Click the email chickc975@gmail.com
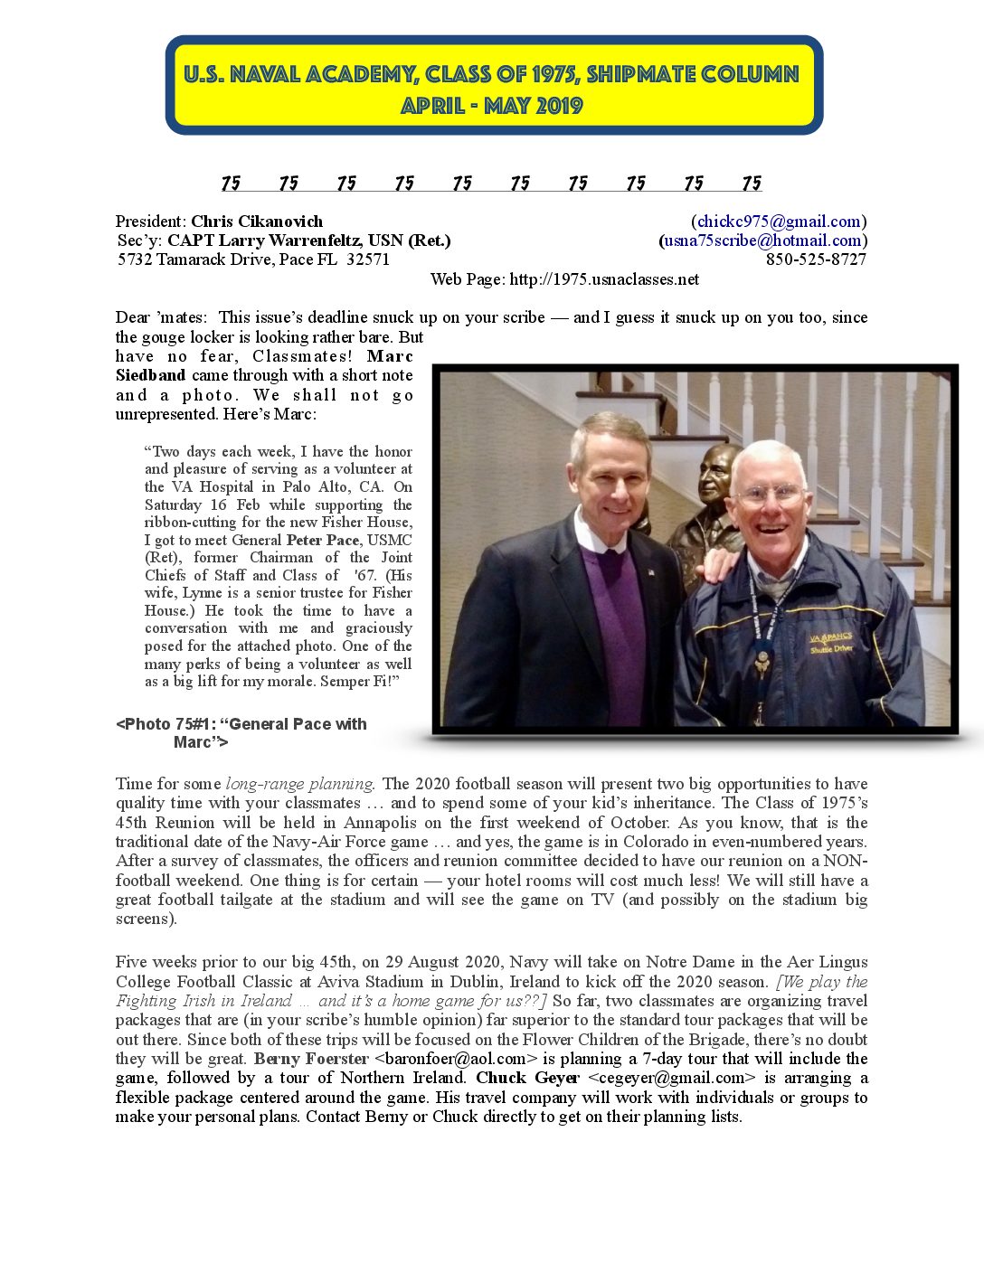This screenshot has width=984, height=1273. click(x=779, y=222)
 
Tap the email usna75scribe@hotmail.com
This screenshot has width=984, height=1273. click(x=762, y=240)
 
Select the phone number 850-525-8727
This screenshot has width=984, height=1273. click(x=816, y=259)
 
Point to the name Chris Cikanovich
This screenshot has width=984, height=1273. click(x=257, y=222)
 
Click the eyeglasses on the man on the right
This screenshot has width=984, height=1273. click(x=770, y=494)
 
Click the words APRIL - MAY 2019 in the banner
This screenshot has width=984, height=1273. click(x=493, y=106)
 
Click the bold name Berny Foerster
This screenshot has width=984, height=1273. click(x=311, y=1059)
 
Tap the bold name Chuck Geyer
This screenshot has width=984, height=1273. click(x=527, y=1078)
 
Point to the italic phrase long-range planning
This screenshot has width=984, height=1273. click(x=299, y=784)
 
